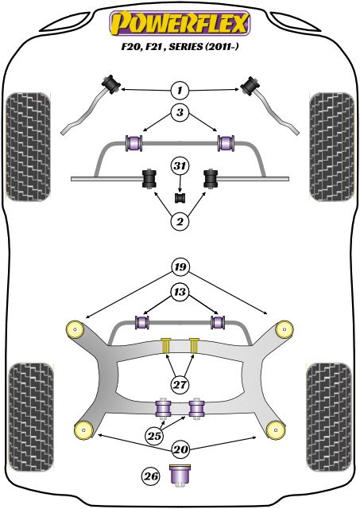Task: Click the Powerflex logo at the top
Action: click(x=180, y=20)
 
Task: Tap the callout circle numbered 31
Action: click(x=180, y=165)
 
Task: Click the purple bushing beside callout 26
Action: click(x=183, y=475)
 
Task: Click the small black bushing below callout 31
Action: click(x=180, y=196)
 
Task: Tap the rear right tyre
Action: click(x=331, y=402)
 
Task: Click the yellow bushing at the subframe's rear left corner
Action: click(x=80, y=429)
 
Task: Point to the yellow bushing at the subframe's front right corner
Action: click(x=281, y=328)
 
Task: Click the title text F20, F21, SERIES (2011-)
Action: click(x=180, y=48)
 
